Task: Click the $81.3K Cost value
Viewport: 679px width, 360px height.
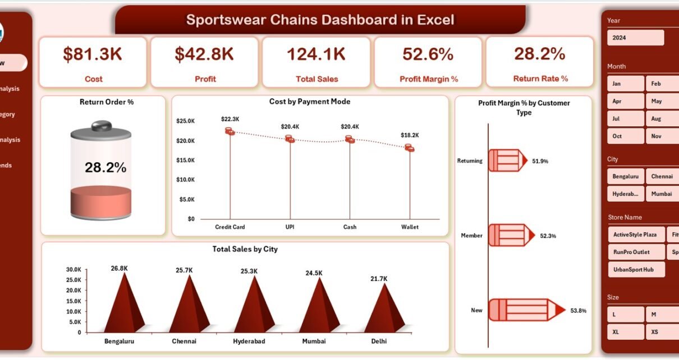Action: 93,54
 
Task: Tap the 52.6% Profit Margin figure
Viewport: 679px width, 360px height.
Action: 428,54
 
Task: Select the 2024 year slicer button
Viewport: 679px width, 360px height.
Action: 635,38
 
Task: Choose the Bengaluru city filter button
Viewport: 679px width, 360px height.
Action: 625,176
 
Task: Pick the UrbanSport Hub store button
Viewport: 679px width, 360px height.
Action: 636,269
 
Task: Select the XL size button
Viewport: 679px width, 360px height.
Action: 625,332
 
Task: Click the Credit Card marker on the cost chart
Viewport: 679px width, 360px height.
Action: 230,131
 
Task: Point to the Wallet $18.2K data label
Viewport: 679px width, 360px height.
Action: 410,135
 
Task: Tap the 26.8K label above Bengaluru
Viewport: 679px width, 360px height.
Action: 119,269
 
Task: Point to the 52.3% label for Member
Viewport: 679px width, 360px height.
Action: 548,236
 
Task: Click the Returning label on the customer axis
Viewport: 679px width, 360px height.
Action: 470,161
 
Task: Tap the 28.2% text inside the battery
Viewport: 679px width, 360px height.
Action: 105,167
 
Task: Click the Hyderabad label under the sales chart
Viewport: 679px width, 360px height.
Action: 249,340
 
